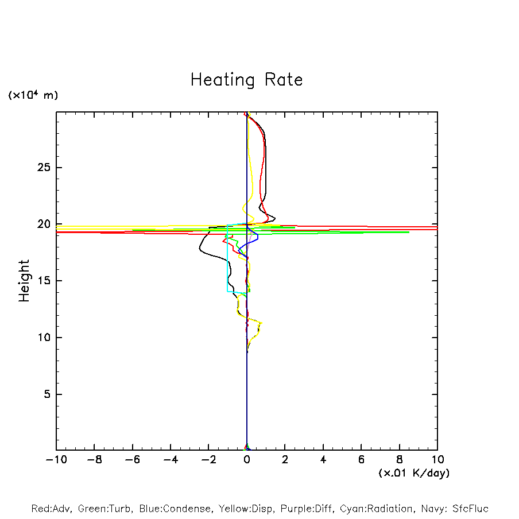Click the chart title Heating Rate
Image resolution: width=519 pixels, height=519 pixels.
(x=246, y=80)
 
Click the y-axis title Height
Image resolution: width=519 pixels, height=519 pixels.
(x=24, y=281)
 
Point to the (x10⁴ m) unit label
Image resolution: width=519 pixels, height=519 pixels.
(x=33, y=95)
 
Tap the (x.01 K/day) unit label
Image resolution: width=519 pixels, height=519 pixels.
(x=413, y=473)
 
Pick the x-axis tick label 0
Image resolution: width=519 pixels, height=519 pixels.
(x=247, y=460)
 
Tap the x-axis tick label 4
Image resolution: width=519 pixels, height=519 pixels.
(x=323, y=460)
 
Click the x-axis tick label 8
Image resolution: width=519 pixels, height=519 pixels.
(x=400, y=460)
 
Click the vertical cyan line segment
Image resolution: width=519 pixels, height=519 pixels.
(x=227, y=258)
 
